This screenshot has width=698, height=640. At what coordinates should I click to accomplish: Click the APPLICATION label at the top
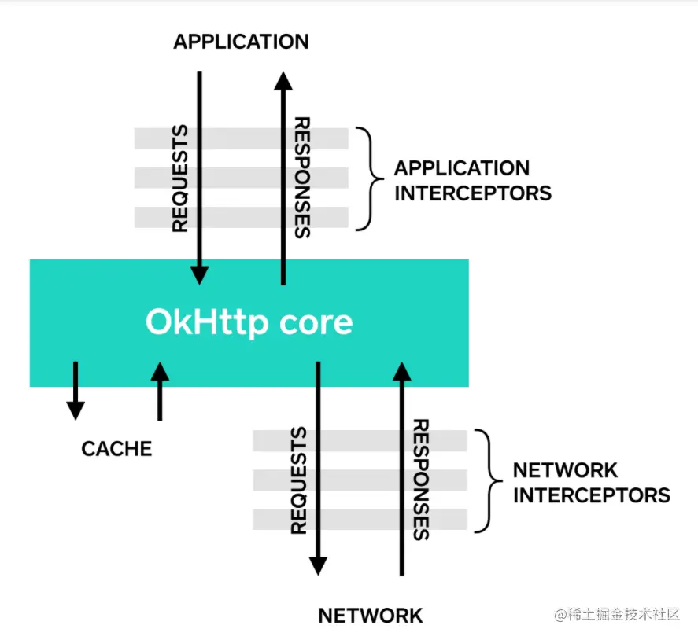pyautogui.click(x=241, y=42)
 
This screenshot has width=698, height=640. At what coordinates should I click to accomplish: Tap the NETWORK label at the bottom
pyautogui.click(x=371, y=616)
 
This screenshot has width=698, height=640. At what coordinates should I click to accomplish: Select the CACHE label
pyautogui.click(x=116, y=449)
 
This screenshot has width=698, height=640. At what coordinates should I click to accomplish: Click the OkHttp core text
pyautogui.click(x=249, y=322)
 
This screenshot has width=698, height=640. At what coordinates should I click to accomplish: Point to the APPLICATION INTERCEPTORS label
pyautogui.click(x=473, y=181)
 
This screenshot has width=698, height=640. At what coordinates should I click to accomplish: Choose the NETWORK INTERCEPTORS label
pyautogui.click(x=592, y=483)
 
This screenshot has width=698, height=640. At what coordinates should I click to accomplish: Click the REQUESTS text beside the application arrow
pyautogui.click(x=180, y=178)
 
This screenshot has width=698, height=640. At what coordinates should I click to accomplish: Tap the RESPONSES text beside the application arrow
pyautogui.click(x=302, y=178)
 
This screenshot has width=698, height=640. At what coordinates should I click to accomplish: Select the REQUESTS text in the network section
pyautogui.click(x=299, y=480)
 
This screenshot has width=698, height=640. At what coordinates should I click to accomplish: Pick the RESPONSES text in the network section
pyautogui.click(x=421, y=480)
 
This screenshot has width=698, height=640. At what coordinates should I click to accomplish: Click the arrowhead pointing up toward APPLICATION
pyautogui.click(x=283, y=81)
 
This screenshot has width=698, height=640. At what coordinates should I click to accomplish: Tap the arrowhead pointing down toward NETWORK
pyautogui.click(x=318, y=566)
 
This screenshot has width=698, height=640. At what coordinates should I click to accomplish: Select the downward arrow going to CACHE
pyautogui.click(x=76, y=391)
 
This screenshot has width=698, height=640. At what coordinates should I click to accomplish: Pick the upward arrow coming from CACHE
pyautogui.click(x=160, y=391)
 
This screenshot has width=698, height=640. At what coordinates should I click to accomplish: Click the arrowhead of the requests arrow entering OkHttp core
pyautogui.click(x=199, y=275)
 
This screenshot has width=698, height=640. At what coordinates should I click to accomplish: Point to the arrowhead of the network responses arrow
pyautogui.click(x=402, y=371)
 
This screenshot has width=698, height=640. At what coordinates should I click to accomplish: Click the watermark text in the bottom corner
pyautogui.click(x=617, y=615)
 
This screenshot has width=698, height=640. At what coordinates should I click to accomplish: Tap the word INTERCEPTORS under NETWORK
pyautogui.click(x=592, y=495)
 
